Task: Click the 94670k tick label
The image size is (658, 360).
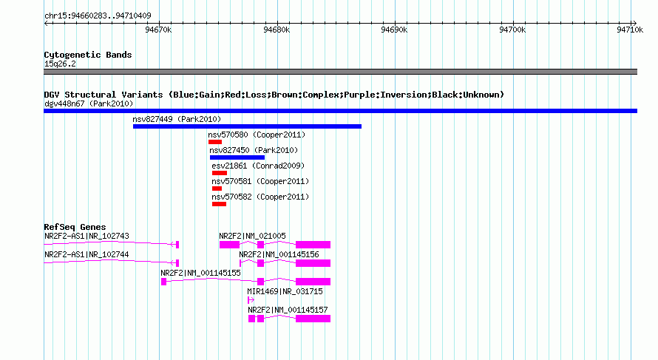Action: point(158,30)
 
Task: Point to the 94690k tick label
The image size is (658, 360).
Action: point(394,30)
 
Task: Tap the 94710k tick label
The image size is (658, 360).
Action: point(630,30)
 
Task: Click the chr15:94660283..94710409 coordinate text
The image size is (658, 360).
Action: point(98,16)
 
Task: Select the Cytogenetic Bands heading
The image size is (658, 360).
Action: point(88,55)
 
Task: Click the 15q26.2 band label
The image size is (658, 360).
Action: point(60,64)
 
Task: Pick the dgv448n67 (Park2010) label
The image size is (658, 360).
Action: point(89,103)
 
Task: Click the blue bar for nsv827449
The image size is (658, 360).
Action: point(247,126)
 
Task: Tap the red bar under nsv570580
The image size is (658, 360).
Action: point(215,142)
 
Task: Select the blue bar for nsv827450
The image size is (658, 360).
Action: point(237,157)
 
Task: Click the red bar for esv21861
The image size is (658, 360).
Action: point(220,173)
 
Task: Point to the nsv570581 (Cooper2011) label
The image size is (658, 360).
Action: point(260,181)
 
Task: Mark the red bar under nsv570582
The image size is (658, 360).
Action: point(219,204)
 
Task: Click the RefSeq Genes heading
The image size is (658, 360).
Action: point(75,227)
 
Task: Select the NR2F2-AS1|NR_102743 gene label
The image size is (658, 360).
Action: point(87,237)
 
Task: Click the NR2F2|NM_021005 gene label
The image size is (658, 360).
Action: point(252,237)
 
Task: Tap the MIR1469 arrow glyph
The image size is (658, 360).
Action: point(251,300)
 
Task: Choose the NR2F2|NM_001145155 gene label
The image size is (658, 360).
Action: point(200,274)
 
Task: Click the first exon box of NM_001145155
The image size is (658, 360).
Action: point(163,282)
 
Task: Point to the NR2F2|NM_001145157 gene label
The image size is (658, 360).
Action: point(288,310)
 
